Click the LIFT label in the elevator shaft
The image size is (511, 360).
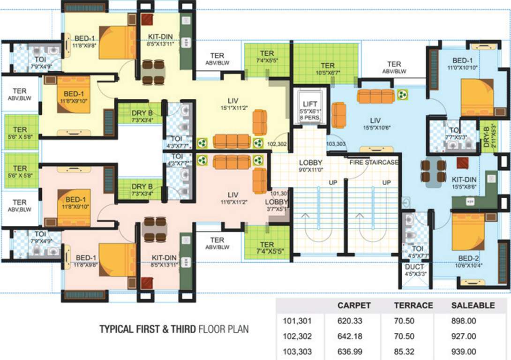pyautogui.click(x=310, y=104)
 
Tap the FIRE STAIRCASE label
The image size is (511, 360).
pyautogui.click(x=374, y=162)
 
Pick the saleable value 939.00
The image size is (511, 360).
pyautogui.click(x=463, y=352)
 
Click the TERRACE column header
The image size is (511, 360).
pyautogui.click(x=413, y=305)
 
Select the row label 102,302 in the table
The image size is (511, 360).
pyautogui.click(x=297, y=337)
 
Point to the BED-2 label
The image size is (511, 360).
pyautogui.click(x=469, y=258)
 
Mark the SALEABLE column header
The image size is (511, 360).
pyautogui.click(x=473, y=305)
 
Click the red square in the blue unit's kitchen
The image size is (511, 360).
pyautogui.click(x=463, y=163)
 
